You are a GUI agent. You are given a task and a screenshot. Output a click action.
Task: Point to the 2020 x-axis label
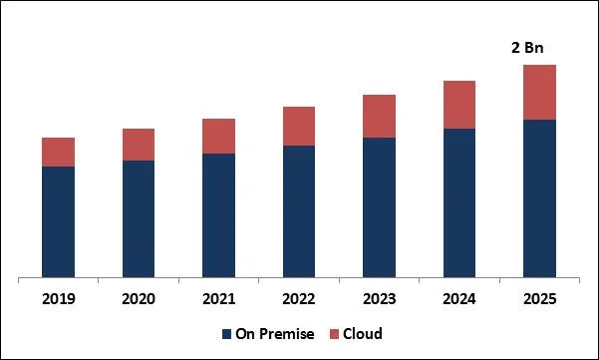pyautogui.click(x=139, y=298)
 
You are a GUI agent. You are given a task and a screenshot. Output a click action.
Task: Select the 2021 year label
pyautogui.click(x=218, y=298)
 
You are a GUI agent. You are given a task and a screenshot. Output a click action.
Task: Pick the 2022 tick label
pyautogui.click(x=299, y=298)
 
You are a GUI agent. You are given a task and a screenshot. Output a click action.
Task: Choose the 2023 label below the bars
pyautogui.click(x=379, y=298)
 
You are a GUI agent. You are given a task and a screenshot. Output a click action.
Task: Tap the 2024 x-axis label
pyautogui.click(x=459, y=298)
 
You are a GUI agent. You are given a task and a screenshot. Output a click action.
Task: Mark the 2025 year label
pyautogui.click(x=539, y=298)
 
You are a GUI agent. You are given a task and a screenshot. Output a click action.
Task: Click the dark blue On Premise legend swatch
pyautogui.click(x=226, y=334)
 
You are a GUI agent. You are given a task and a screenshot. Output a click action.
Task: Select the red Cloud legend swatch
pyautogui.click(x=335, y=334)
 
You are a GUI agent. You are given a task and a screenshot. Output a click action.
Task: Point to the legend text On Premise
pyautogui.click(x=274, y=334)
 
